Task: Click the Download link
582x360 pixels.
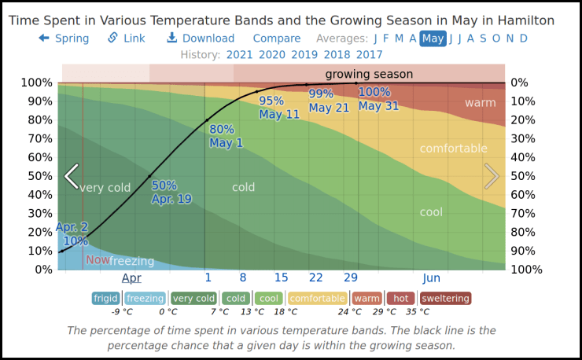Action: (201, 38)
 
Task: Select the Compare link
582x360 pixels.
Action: (277, 38)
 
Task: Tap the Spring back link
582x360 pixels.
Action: (64, 38)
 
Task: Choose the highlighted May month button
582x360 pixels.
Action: (433, 38)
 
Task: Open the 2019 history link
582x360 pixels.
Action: (304, 54)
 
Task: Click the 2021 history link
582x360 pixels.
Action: (239, 54)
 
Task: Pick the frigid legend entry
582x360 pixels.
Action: (105, 299)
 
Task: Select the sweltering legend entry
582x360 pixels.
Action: (445, 299)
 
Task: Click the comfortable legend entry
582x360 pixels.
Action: (318, 299)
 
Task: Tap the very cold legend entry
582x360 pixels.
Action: (193, 299)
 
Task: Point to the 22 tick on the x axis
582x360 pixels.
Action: (316, 277)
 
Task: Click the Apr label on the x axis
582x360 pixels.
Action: (131, 277)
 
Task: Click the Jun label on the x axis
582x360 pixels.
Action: (431, 277)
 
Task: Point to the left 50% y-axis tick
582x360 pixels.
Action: (39, 176)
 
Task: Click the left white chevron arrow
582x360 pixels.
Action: (72, 176)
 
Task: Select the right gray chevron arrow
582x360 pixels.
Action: (492, 176)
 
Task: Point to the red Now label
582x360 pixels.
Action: (98, 260)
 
